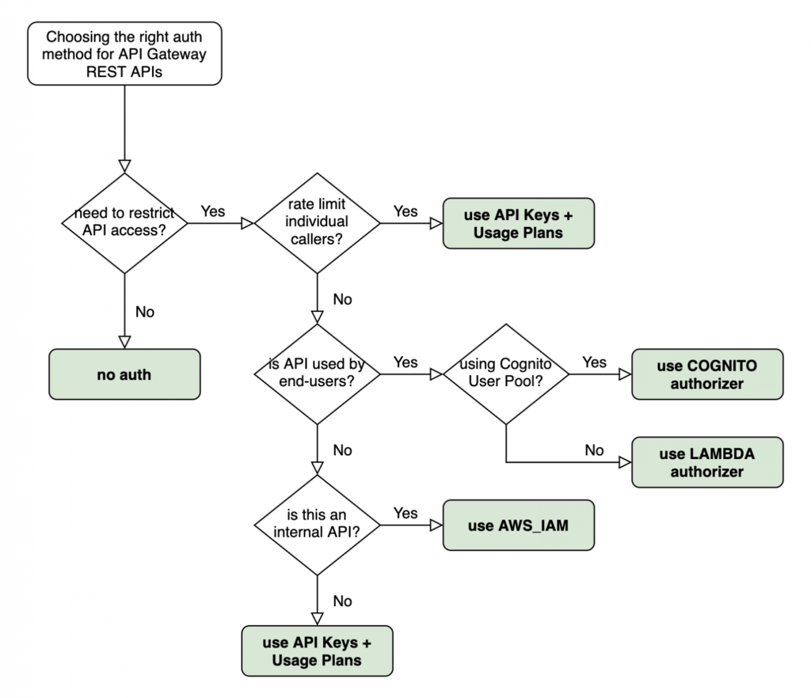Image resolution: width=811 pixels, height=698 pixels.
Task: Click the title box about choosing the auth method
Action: (124, 53)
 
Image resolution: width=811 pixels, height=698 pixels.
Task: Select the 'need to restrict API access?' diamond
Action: (124, 223)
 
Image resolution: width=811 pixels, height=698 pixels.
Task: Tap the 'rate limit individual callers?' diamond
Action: (317, 223)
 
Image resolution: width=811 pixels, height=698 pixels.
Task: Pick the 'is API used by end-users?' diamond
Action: (317, 374)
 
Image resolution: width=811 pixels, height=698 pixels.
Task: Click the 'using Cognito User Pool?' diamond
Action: (504, 374)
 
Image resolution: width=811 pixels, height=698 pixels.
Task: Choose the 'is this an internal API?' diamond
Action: (317, 525)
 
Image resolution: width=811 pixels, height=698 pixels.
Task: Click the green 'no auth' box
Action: (124, 374)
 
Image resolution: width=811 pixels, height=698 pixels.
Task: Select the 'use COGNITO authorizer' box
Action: (707, 374)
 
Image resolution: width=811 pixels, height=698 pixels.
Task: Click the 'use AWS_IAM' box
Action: (518, 525)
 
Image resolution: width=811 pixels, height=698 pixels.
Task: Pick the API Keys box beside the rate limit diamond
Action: (518, 223)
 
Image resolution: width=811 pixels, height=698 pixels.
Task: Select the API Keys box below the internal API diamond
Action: (317, 651)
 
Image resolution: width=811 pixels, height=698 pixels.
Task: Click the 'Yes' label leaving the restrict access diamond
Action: (212, 211)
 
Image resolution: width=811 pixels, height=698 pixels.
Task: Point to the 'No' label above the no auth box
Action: (145, 311)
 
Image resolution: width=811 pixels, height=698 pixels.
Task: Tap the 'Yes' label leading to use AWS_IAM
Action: (405, 513)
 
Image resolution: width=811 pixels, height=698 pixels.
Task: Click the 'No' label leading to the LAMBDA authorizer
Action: (595, 450)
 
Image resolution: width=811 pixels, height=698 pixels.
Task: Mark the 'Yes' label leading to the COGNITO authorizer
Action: (595, 362)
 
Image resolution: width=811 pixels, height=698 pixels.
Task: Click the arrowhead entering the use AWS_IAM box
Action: (436, 525)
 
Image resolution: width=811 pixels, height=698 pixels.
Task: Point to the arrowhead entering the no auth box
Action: (124, 341)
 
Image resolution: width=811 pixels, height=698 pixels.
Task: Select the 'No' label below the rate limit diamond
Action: (342, 299)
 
